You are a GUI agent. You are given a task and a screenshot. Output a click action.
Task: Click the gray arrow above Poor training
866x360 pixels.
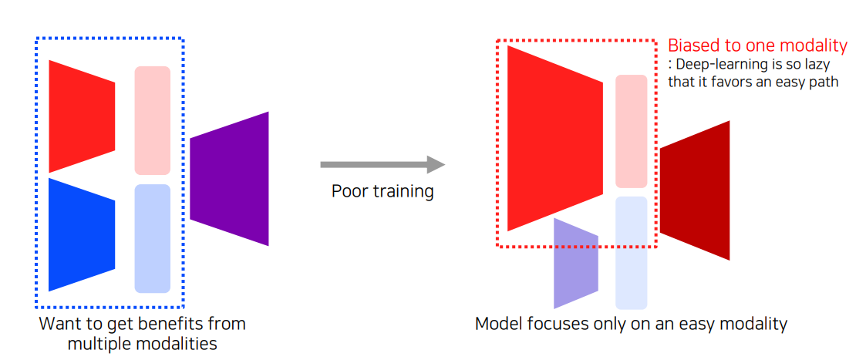[382, 164]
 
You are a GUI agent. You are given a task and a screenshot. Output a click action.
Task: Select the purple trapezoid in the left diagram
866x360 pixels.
[230, 179]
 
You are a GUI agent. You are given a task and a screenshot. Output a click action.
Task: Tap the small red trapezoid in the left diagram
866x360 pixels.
[81, 116]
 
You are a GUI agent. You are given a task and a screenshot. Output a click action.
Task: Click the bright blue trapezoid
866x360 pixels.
[81, 234]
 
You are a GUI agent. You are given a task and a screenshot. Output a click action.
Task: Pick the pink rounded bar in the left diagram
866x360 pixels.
[152, 120]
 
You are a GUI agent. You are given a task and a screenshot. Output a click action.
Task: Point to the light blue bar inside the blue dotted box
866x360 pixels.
[152, 238]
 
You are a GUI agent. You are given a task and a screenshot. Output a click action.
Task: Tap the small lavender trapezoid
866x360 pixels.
[575, 263]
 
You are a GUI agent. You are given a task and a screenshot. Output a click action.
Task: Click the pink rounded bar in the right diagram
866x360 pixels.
[631, 131]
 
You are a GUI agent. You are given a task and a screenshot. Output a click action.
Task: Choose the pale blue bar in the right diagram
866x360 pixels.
[631, 252]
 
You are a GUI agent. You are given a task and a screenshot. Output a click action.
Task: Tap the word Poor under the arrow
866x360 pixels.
[347, 191]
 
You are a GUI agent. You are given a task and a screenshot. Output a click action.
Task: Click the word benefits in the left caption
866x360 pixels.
[161, 324]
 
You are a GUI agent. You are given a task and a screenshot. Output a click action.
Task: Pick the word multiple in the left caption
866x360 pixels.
[96, 344]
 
